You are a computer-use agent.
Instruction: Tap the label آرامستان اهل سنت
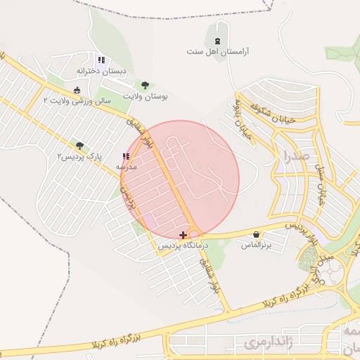point(218,52)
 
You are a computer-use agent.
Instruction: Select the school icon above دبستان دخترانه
point(101,60)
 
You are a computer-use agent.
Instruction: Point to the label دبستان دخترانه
point(101,72)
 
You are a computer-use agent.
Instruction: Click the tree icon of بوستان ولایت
point(146,85)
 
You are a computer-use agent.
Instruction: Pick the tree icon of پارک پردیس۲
point(79,144)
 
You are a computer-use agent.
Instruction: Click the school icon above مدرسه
point(126,157)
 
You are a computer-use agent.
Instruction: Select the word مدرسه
point(126,167)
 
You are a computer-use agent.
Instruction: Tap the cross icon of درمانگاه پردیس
point(184,234)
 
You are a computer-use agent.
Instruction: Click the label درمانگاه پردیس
point(184,245)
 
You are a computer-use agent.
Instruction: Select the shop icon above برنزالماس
point(256,234)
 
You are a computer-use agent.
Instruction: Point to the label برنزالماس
point(257,245)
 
